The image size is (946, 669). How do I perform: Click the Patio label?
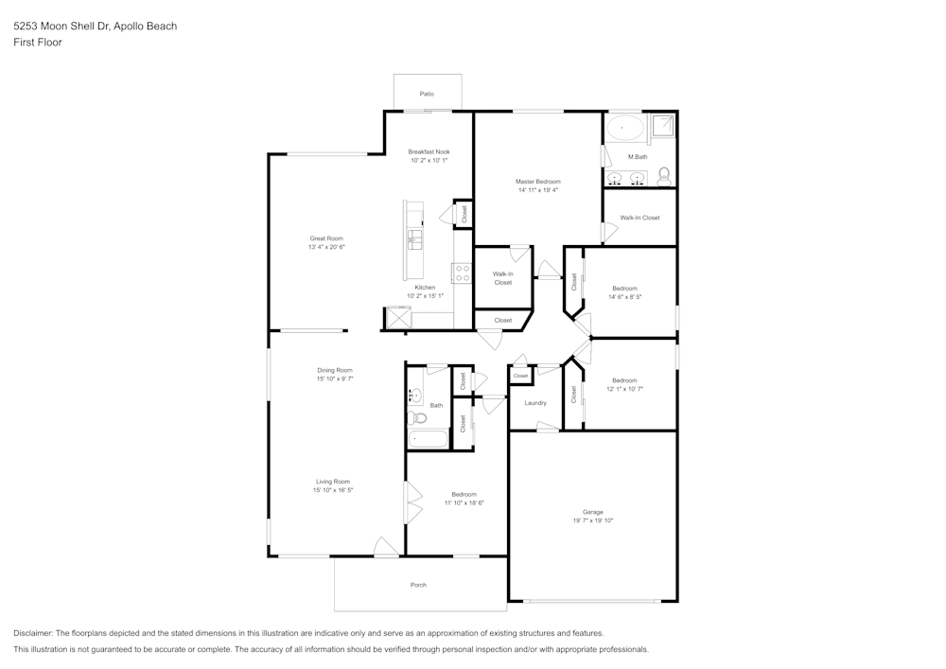tap(427, 95)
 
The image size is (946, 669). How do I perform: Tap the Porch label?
tap(418, 585)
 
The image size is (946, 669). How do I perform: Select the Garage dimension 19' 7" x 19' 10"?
tap(593, 520)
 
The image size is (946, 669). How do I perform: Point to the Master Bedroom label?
tap(537, 182)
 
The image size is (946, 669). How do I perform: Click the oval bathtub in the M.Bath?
tap(624, 127)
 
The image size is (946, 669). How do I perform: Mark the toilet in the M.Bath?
tap(664, 175)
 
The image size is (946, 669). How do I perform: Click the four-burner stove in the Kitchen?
tap(464, 273)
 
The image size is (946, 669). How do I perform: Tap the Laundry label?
tap(535, 403)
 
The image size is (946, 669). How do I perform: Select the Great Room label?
tap(326, 238)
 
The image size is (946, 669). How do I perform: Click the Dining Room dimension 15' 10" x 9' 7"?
tap(335, 379)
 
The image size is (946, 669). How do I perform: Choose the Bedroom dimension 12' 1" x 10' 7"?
tap(624, 389)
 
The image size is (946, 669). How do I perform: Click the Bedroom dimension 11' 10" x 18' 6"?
tap(464, 503)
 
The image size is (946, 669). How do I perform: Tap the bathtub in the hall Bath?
tap(429, 439)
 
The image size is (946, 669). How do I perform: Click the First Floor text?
tap(38, 43)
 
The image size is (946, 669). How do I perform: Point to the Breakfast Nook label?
tap(429, 151)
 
